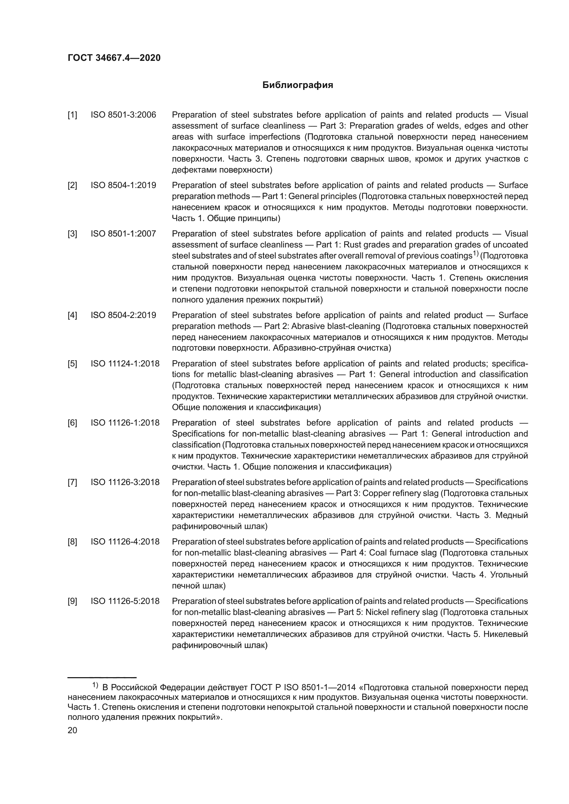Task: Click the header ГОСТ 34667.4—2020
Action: [x=114, y=58]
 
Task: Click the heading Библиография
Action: [x=298, y=85]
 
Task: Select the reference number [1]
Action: [x=72, y=115]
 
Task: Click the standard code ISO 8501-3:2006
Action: [x=124, y=115]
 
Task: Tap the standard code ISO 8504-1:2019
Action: [x=124, y=185]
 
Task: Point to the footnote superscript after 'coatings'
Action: [x=475, y=254]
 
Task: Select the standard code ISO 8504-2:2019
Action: [x=124, y=315]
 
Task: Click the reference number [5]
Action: [x=72, y=363]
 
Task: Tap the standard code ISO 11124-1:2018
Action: [x=125, y=363]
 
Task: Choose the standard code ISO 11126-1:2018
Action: [x=125, y=423]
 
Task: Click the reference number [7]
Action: [x=72, y=482]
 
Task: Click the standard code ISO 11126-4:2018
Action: [x=125, y=542]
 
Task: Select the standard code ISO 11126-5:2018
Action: [x=125, y=601]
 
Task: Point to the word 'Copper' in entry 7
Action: [x=375, y=493]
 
